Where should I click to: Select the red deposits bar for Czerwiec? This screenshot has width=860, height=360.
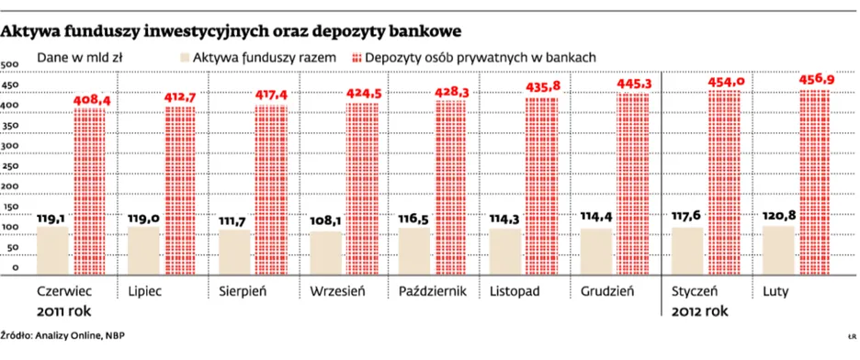point(89,193)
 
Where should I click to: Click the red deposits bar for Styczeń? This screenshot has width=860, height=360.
point(723,184)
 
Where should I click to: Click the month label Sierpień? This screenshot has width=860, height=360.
point(243,292)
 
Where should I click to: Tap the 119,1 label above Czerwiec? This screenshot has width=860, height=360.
point(52,218)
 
